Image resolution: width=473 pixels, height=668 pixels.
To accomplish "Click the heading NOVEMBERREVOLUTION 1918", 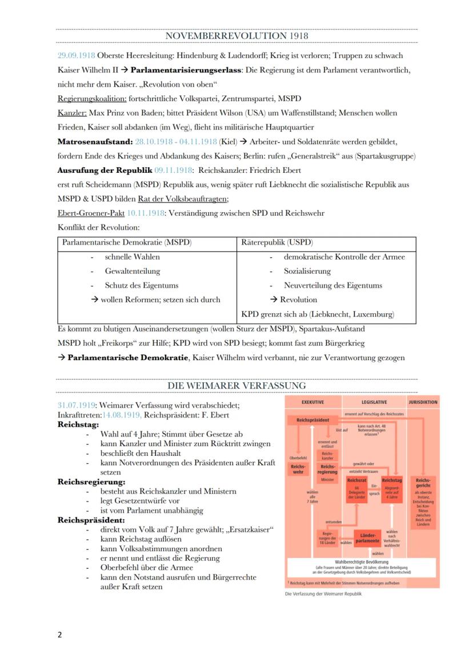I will [236, 35].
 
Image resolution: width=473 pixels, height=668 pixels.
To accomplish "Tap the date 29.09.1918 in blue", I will [76, 56].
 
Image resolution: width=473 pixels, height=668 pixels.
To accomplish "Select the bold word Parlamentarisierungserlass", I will [187, 70].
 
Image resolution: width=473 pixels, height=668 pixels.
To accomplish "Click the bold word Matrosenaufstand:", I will [94, 141].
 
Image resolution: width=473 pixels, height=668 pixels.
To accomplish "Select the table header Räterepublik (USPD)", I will [277, 242].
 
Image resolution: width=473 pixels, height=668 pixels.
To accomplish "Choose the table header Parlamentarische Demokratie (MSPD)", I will [126, 242].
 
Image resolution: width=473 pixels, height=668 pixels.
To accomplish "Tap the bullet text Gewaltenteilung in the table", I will [133, 271].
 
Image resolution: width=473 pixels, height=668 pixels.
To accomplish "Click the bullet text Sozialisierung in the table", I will [307, 271].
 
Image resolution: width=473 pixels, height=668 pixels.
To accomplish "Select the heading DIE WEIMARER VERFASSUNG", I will [236, 386].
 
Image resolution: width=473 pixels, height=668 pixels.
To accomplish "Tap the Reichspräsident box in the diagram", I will [312, 420].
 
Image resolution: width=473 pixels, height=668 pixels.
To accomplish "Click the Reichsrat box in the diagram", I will [357, 481].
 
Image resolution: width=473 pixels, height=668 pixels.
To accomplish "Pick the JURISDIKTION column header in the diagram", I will [423, 402].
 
